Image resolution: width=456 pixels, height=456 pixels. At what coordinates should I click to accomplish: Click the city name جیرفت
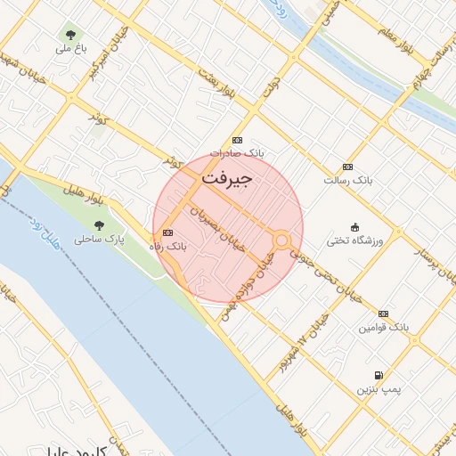227,177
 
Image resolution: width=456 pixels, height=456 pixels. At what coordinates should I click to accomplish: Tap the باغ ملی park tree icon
69,35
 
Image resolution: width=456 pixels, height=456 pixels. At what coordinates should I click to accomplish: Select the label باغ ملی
70,49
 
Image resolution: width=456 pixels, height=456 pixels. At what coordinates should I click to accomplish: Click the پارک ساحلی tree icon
98,225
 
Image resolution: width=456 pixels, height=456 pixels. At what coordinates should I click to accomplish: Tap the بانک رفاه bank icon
168,232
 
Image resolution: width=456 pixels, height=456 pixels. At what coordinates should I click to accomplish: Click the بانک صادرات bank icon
237,141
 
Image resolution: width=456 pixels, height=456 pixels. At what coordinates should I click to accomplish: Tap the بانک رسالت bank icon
347,167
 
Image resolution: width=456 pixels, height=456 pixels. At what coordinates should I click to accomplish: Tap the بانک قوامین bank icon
383,313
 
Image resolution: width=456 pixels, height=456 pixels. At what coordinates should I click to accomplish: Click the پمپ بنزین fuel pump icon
380,376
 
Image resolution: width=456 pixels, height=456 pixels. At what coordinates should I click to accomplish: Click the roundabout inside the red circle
281,240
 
